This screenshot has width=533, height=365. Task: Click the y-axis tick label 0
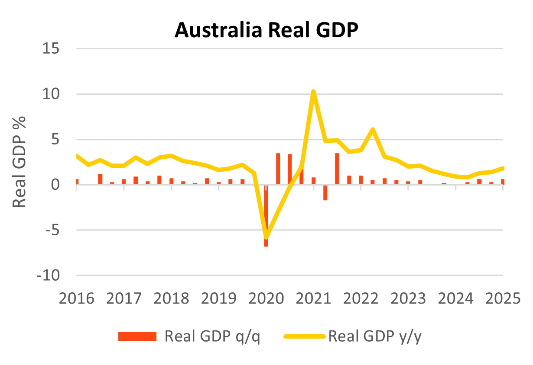60,185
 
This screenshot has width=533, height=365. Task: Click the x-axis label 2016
77,298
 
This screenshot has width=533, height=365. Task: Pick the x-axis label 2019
218,298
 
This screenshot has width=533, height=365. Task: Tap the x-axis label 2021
313,298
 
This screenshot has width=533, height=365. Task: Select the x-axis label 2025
503,298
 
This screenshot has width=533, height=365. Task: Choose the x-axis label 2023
408,298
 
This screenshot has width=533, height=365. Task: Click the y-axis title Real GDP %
19,162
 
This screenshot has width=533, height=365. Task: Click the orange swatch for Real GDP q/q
137,336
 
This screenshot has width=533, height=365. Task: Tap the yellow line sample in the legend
305,336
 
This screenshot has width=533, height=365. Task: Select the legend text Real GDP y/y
375,336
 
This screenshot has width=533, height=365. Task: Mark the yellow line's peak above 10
313,91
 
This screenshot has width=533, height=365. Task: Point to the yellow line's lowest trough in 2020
266,237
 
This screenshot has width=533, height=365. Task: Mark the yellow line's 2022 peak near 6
372,129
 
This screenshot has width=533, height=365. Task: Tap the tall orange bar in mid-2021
337,169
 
